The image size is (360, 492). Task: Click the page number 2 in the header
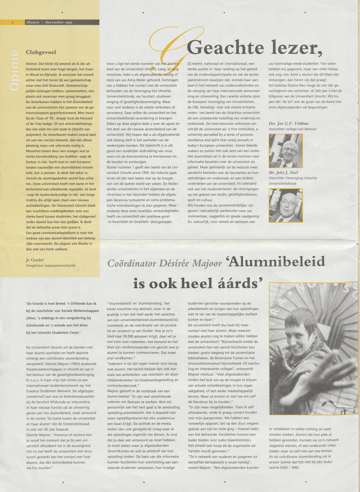13,23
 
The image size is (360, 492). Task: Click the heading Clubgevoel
41,52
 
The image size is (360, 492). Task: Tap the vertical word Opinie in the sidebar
15,70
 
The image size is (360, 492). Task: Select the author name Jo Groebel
35,260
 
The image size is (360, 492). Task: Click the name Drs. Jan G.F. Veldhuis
289,123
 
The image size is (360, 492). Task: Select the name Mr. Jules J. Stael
283,173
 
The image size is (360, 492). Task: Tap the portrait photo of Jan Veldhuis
286,151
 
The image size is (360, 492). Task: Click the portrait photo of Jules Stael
286,205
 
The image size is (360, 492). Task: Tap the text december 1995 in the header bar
59,23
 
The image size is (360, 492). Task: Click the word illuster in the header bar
33,23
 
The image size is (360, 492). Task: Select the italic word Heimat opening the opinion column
31,64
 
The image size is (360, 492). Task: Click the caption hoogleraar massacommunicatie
51,265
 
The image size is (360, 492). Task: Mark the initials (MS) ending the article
295,467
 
